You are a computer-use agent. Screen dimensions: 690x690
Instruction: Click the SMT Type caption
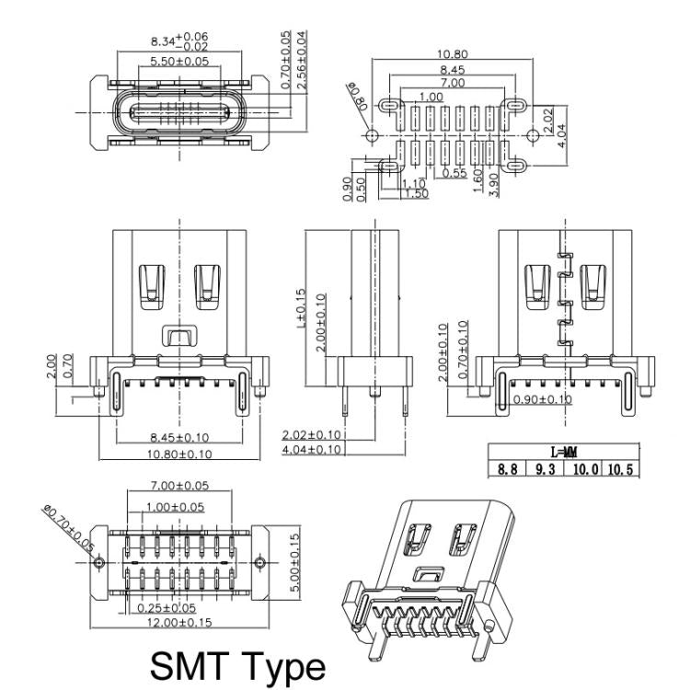[236, 665]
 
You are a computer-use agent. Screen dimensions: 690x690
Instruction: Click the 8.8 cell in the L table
[507, 468]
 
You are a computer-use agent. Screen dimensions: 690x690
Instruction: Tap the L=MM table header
[563, 453]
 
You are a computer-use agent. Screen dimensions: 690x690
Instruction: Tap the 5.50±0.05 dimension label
[179, 62]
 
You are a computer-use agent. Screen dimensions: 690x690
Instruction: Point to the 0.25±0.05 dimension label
[167, 607]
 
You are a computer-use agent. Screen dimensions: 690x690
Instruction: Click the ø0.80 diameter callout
[358, 97]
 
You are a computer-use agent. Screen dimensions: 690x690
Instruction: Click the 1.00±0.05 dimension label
[174, 506]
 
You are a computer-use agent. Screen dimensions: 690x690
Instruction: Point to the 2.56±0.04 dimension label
[302, 59]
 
